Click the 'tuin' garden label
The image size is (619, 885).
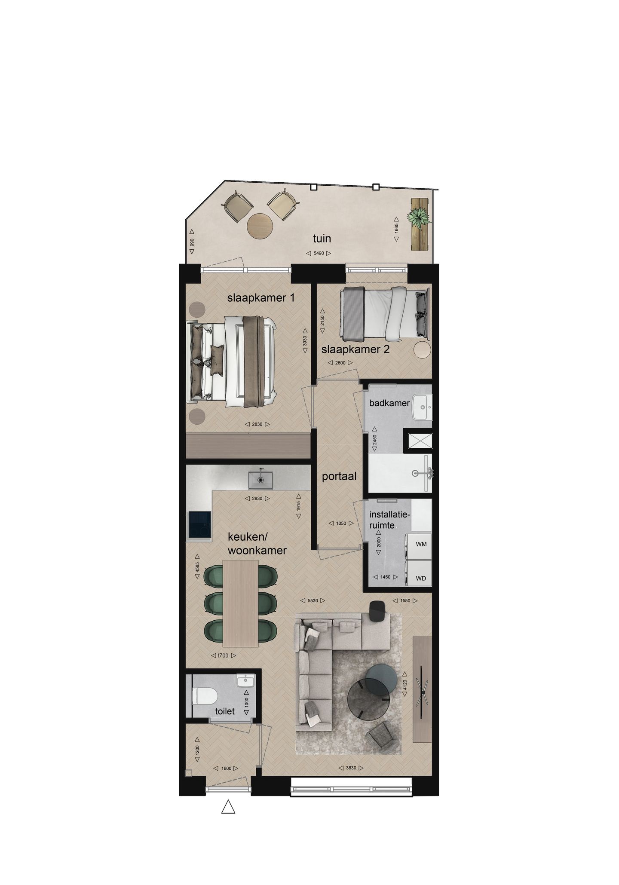coord(322,238)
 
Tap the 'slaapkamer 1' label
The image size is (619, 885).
coord(261,297)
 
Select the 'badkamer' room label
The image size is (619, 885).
coord(389,403)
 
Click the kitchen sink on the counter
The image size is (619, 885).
coord(260,480)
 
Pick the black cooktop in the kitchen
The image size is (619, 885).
coord(200,526)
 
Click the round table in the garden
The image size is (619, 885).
coord(260,225)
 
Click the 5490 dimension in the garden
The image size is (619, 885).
coord(319,254)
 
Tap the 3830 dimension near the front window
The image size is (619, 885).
coord(351,768)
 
